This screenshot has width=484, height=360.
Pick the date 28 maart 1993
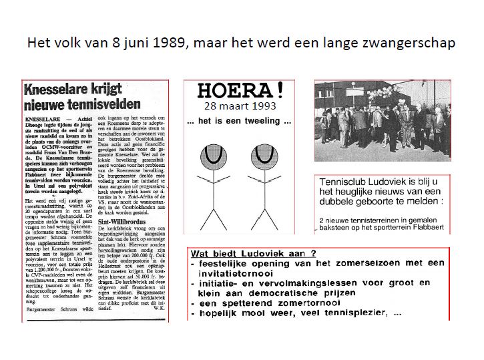242,106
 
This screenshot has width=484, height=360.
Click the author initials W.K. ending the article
159,309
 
